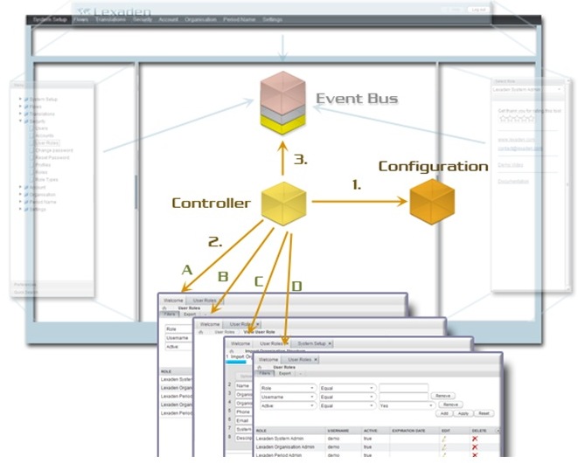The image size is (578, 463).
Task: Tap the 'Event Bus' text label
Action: pyautogui.click(x=356, y=98)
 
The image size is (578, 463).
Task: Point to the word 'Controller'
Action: pyautogui.click(x=211, y=204)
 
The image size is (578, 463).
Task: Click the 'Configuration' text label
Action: pyautogui.click(x=432, y=166)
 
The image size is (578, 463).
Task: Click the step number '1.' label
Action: pyautogui.click(x=356, y=185)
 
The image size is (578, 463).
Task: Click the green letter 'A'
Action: pyautogui.click(x=185, y=270)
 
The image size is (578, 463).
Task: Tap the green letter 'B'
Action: pyautogui.click(x=223, y=277)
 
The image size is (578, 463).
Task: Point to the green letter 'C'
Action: pyautogui.click(x=259, y=281)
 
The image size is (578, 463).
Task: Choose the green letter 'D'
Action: pyautogui.click(x=296, y=287)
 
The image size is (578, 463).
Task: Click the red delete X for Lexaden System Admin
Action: pyautogui.click(x=475, y=438)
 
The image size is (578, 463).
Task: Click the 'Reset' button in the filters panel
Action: pyautogui.click(x=484, y=413)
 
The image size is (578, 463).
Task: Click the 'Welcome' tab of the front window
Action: pyautogui.click(x=268, y=359)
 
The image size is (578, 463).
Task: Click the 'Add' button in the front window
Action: pyautogui.click(x=445, y=413)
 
